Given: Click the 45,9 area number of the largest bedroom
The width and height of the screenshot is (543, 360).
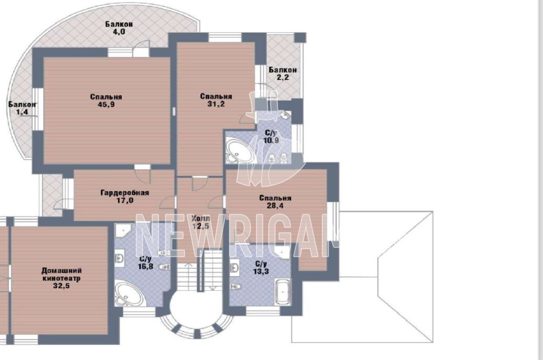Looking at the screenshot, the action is pos(106,105).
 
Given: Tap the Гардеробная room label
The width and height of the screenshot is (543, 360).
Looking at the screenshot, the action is pos(125,193).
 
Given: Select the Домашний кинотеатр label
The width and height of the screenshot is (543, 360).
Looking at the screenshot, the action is pos(61,274).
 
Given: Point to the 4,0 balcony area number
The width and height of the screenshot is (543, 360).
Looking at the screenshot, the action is pos(119,32).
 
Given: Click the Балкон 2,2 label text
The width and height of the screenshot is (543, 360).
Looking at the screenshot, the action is pos(283,74).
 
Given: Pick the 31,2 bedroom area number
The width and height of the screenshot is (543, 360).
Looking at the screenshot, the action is pos(216,104).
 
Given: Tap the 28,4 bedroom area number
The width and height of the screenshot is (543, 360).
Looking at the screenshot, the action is pos(275,206).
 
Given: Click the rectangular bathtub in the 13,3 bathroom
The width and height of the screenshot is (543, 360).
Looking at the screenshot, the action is pos(282,292).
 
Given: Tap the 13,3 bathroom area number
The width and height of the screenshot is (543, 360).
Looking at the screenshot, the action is pos(261,271).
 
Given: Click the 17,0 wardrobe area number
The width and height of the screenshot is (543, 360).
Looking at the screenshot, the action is pos(125,201).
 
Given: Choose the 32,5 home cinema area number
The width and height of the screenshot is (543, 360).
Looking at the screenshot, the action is pos(61,286).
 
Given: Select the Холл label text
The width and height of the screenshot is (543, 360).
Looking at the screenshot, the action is pos(200,218).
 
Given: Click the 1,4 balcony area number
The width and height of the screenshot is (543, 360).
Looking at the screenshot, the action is pos(22,112).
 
